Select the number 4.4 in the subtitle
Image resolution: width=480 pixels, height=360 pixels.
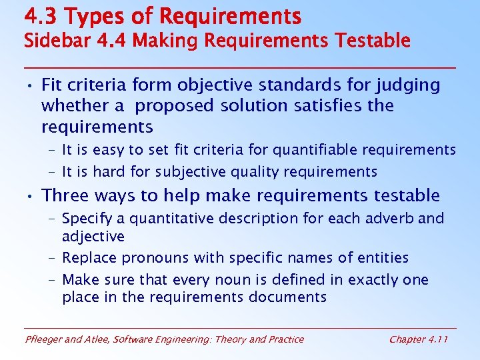pos(113,41)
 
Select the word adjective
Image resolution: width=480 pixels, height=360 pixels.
pos(93,236)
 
